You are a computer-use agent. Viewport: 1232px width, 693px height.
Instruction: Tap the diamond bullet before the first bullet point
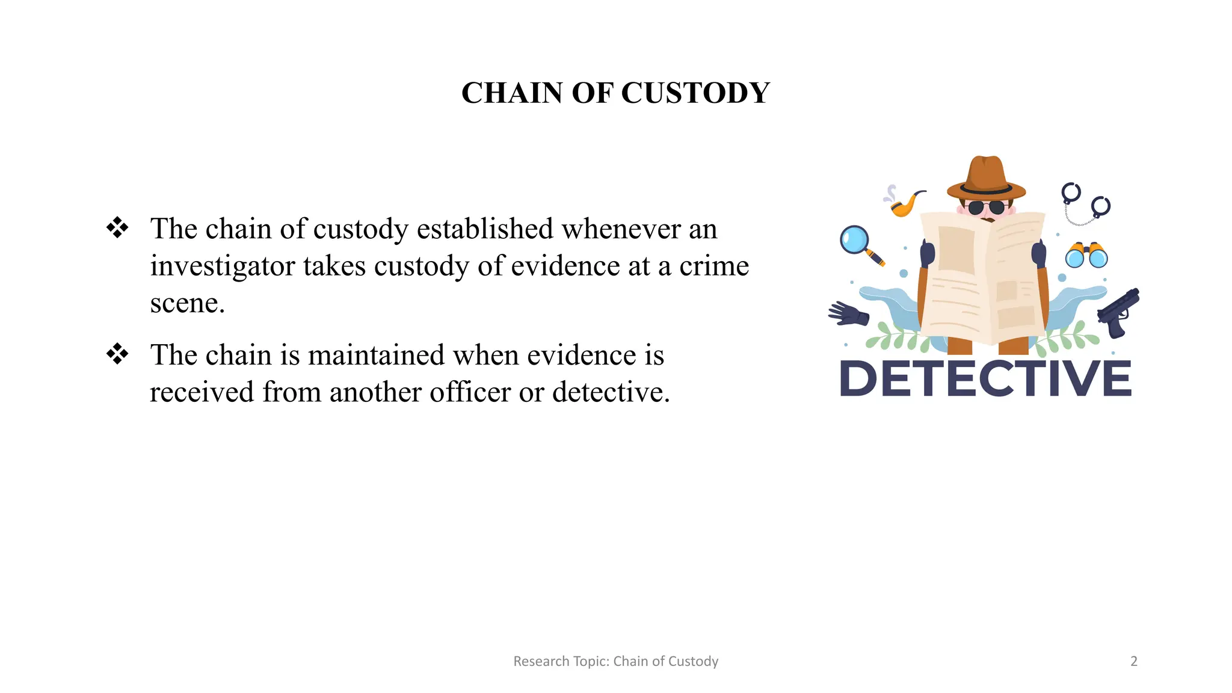[117, 228]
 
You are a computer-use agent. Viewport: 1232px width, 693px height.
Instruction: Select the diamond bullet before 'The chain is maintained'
[117, 354]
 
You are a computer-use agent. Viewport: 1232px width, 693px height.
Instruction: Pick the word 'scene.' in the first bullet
[187, 303]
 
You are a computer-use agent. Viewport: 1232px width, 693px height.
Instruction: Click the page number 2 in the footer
[1134, 662]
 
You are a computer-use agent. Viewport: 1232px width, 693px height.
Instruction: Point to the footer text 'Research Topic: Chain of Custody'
[615, 662]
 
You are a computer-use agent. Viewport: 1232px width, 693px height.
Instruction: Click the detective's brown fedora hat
[986, 179]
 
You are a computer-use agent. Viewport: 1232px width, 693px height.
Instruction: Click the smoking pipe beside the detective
[907, 203]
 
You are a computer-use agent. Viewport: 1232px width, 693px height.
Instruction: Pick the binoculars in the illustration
[1086, 255]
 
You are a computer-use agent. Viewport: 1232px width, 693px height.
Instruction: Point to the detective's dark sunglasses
[986, 208]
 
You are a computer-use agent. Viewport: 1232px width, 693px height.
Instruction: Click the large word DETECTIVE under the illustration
[985, 378]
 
